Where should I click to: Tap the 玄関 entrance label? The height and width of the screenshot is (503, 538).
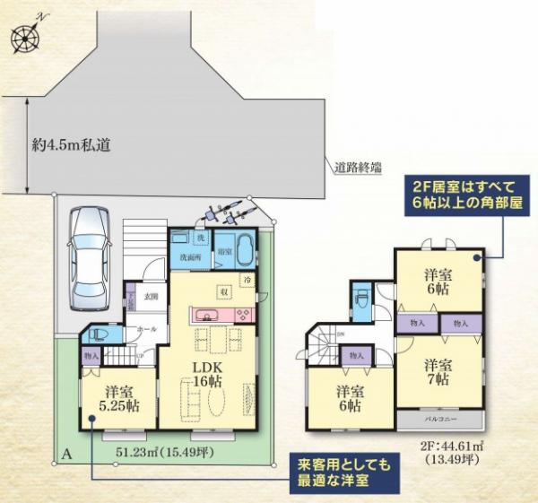pos(150,296)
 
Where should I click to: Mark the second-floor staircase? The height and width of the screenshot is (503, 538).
pos(325,343)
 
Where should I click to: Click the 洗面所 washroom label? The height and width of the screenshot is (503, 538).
pos(188,257)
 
